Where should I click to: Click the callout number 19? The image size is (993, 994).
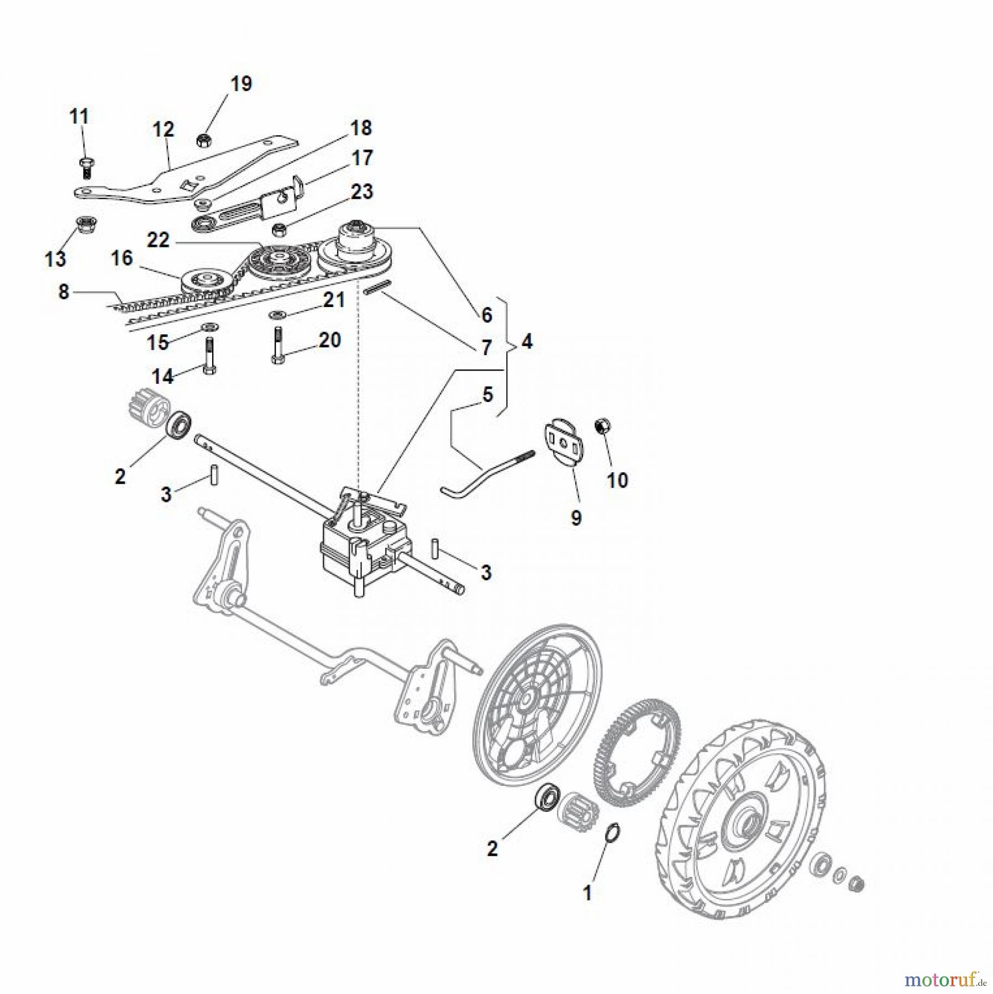tap(241, 84)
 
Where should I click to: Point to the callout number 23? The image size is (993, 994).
tap(362, 192)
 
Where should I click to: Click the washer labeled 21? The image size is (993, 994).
tap(276, 315)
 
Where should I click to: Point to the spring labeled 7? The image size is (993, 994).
tap(378, 287)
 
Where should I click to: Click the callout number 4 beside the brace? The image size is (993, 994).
tap(527, 342)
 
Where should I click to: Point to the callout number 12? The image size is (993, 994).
tap(163, 130)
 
